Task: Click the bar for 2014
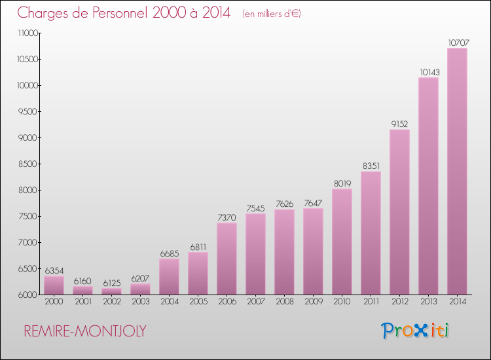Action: click(x=457, y=171)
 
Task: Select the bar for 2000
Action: click(x=54, y=285)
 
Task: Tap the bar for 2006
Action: click(x=227, y=259)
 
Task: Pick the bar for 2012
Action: click(x=399, y=212)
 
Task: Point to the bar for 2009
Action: click(x=313, y=251)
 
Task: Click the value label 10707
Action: click(x=457, y=43)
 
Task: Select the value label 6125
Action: click(x=111, y=283)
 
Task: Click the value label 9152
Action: click(x=399, y=124)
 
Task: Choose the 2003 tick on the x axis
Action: click(x=140, y=302)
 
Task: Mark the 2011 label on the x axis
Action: click(x=371, y=302)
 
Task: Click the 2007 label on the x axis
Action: click(x=255, y=302)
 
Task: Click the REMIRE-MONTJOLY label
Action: click(x=85, y=331)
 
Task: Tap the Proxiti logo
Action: click(x=416, y=331)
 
